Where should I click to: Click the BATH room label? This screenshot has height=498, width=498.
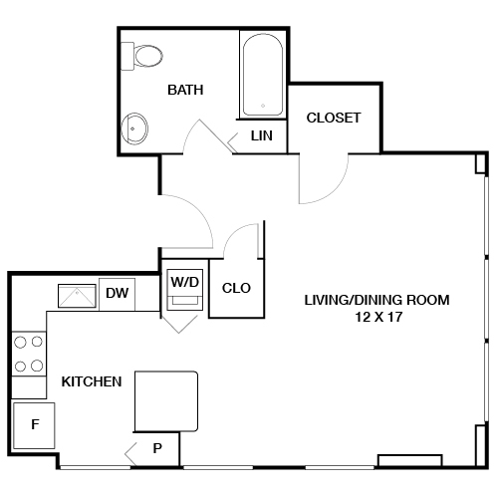click(185, 90)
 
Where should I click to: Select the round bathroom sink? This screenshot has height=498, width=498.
click(134, 127)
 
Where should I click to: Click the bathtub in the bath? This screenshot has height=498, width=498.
click(263, 74)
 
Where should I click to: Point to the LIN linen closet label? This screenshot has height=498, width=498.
click(262, 135)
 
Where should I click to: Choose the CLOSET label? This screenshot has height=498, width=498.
click(333, 117)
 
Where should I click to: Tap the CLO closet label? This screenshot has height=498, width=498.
click(236, 289)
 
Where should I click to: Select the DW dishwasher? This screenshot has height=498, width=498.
click(118, 293)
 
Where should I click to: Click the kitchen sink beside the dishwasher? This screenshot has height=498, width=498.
click(76, 295)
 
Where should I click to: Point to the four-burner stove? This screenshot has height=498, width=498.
click(29, 355)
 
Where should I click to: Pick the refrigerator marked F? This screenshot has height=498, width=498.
click(34, 425)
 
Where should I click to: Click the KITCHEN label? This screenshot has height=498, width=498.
click(92, 381)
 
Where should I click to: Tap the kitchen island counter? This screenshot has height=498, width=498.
click(166, 402)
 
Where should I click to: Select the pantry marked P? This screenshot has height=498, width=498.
click(157, 449)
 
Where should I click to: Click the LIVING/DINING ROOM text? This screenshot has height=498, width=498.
click(376, 299)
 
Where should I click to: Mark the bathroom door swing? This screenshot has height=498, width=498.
click(207, 134)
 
